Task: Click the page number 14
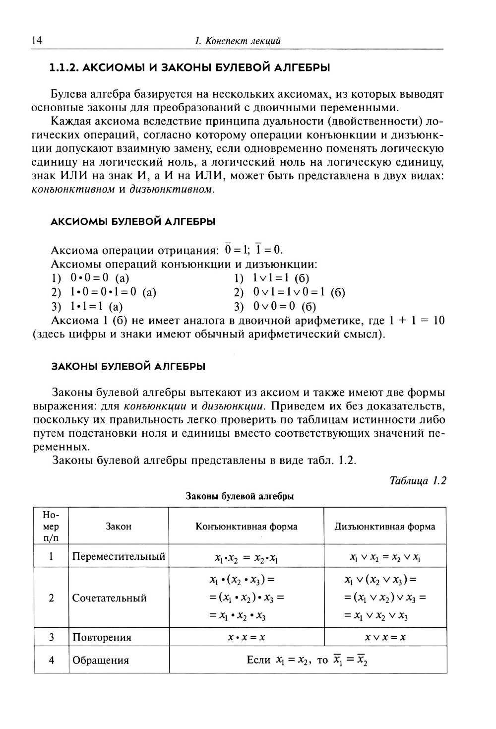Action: tap(37, 41)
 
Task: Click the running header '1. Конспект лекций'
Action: tap(238, 41)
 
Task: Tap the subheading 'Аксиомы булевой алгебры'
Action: tap(133, 221)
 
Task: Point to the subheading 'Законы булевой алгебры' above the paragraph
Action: tap(128, 366)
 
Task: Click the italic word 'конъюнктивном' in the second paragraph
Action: tap(73, 189)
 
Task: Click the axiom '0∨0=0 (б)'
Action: tap(284, 306)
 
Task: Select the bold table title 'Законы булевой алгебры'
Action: tap(240, 496)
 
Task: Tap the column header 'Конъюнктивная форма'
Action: tap(247, 526)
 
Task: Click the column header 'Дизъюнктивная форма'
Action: tap(385, 526)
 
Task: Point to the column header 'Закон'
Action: tap(119, 526)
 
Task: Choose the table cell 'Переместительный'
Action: tap(119, 556)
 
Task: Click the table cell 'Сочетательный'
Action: tap(110, 597)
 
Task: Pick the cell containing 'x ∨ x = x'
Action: tap(385, 637)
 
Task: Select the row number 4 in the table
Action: tap(51, 660)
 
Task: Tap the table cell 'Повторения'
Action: tap(102, 637)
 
